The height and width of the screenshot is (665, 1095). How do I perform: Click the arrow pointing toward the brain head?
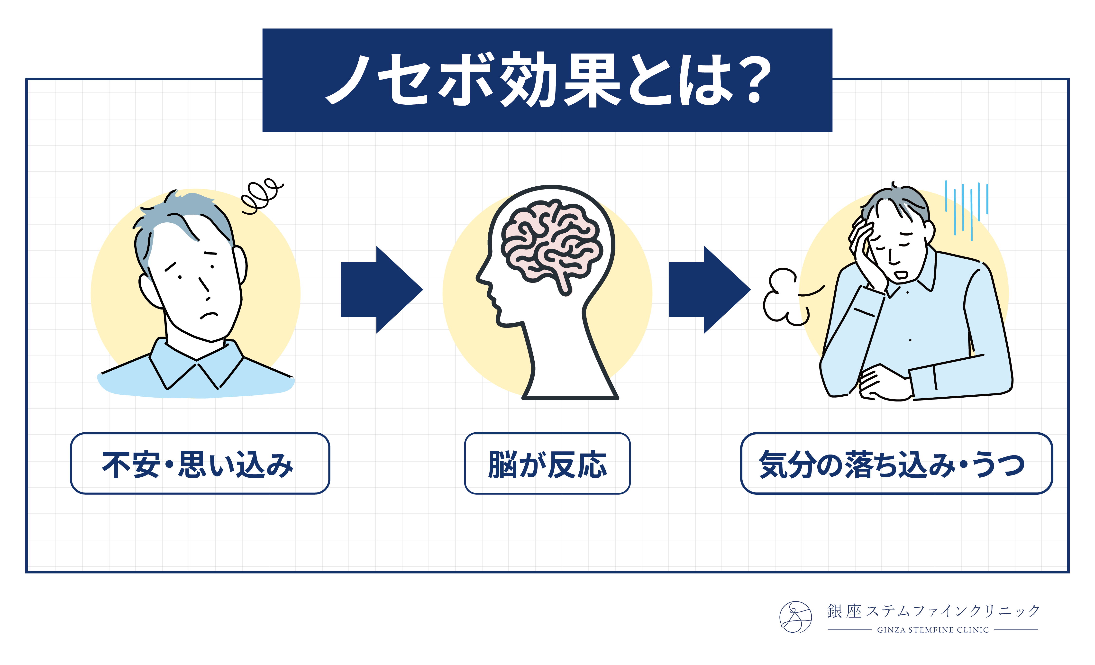click(x=381, y=290)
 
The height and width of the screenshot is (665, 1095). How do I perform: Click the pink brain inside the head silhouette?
click(x=551, y=242)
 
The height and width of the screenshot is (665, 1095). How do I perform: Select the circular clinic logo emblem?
click(x=795, y=617)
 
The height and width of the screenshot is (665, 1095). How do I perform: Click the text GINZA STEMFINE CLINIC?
click(x=933, y=630)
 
